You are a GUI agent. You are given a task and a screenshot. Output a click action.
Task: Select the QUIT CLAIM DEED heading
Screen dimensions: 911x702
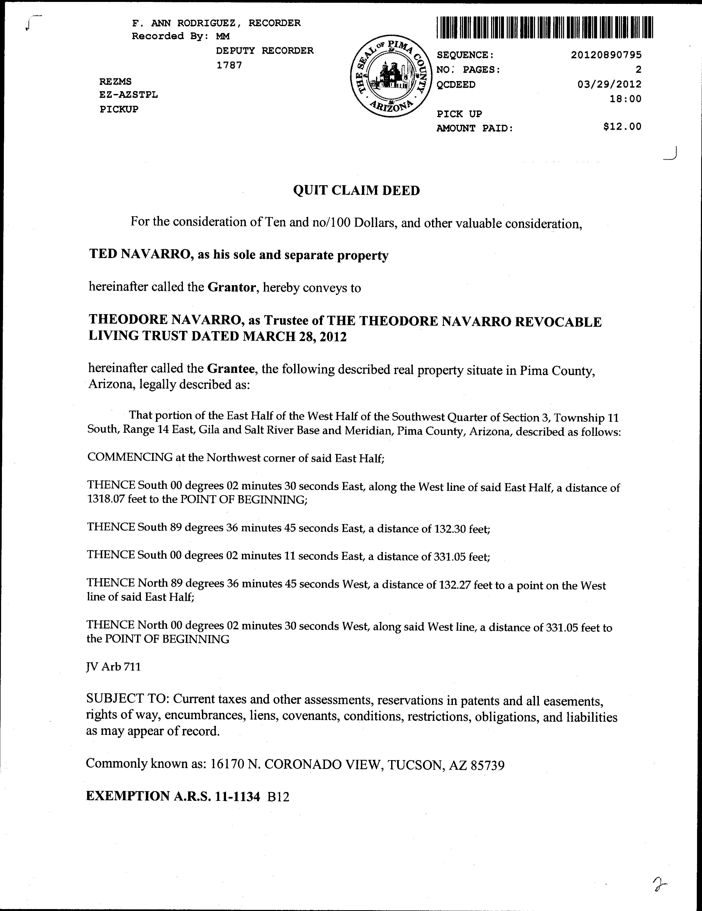356,191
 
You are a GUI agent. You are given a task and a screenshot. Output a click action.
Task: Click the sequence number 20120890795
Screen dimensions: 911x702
606,55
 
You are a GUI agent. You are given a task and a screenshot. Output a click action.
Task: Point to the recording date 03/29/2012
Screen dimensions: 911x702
609,85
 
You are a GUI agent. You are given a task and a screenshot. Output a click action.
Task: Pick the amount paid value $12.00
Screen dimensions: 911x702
622,127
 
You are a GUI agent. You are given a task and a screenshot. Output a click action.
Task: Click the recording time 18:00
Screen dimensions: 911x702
625,99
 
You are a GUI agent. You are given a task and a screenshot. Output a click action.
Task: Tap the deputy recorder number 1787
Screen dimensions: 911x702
229,65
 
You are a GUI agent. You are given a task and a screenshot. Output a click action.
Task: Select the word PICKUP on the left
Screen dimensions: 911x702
119,110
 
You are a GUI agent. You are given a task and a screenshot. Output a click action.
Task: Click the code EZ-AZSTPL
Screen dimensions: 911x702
128,95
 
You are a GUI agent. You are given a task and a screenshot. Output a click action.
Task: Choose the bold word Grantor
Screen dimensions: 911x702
231,287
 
